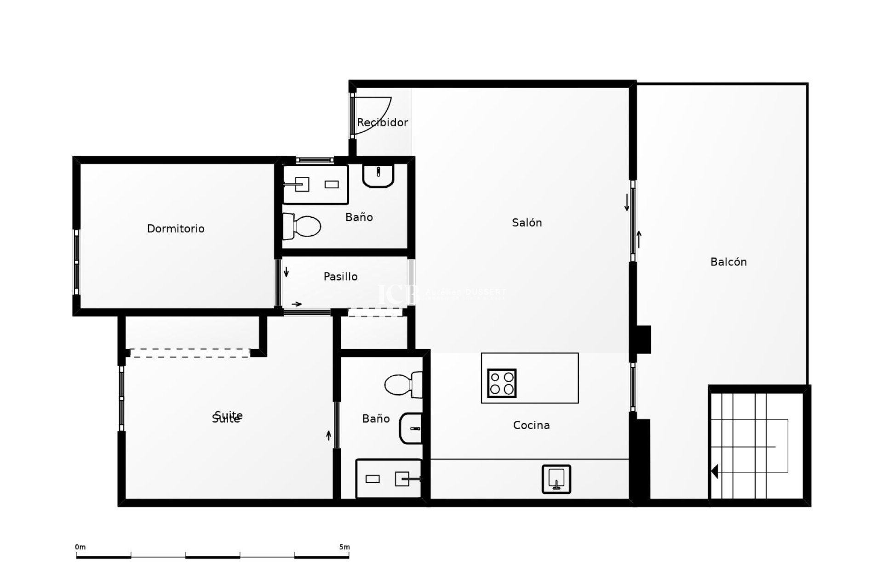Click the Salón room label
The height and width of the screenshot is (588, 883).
tap(527, 223)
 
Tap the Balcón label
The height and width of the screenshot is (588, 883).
tap(728, 262)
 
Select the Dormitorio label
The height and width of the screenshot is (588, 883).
tap(176, 228)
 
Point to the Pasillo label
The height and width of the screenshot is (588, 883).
tap(340, 277)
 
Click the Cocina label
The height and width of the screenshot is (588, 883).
tap(531, 425)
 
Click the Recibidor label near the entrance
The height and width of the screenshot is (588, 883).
tap(382, 123)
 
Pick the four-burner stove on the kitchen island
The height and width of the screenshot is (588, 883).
tap(502, 383)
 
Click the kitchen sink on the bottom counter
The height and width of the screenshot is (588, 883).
tap(556, 479)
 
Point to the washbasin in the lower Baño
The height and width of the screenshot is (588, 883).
tap(411, 428)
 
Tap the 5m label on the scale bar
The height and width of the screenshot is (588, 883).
tap(344, 547)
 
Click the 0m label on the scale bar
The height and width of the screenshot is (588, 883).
tap(80, 547)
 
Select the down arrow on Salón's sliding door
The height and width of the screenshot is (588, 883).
tap(626, 203)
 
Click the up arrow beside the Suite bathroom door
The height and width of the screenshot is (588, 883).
tap(328, 435)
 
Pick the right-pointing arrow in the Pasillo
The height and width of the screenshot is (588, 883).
tap(297, 304)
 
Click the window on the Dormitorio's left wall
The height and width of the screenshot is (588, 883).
tap(76, 262)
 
